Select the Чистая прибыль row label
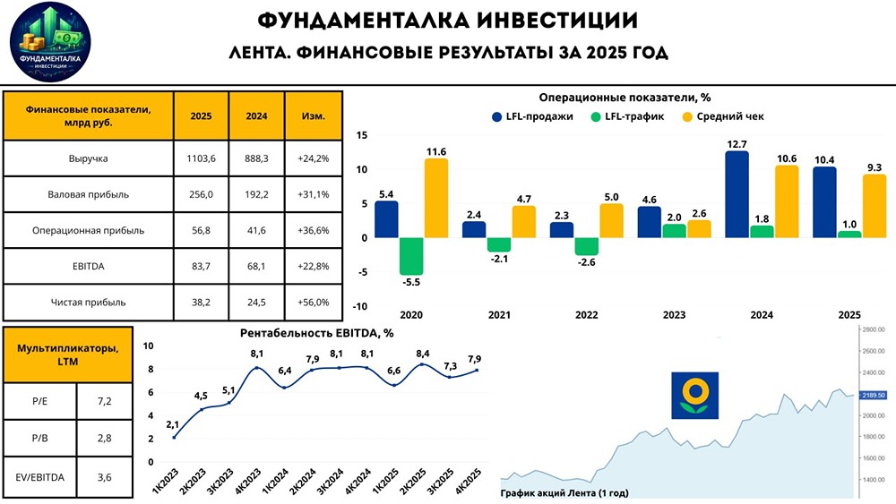coord(88,302)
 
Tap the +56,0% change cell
coord(313,302)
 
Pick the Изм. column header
coord(313,115)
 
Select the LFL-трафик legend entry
coord(625,116)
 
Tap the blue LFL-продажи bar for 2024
coord(737,194)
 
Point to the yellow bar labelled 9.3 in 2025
coord(874,206)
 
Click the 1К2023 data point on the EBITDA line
coord(174,437)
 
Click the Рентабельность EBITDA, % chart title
coord(317,333)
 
